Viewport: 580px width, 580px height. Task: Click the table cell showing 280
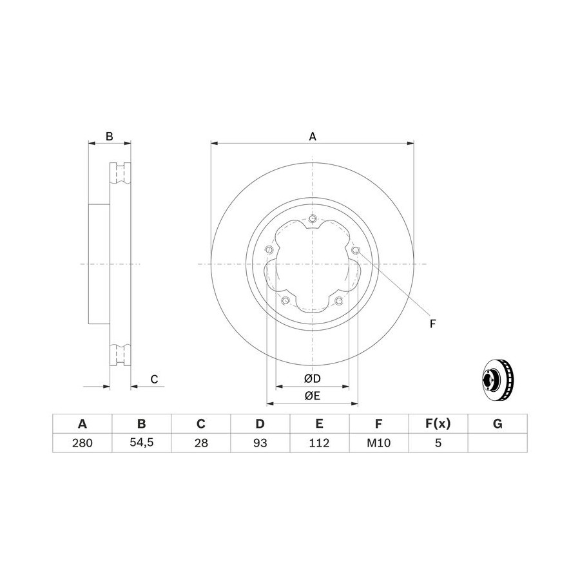click(82, 443)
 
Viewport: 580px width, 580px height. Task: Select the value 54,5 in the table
click(142, 443)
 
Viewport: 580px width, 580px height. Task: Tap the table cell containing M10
click(379, 443)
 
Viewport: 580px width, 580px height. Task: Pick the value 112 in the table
click(319, 443)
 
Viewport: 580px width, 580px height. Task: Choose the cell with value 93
click(260, 443)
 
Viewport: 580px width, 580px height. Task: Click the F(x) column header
click(438, 423)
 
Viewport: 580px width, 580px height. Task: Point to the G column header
click(498, 423)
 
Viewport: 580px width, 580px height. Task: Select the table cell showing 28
click(201, 443)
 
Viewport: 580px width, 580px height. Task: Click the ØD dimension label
click(312, 378)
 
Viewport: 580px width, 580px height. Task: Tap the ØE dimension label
click(312, 396)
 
